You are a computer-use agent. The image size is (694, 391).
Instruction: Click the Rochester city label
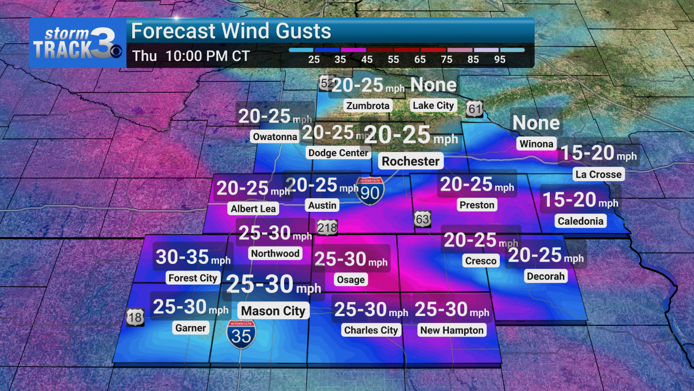pos(410,161)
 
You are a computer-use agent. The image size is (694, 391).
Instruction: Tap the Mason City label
pos(273,311)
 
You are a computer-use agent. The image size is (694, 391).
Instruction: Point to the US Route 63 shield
pos(423,219)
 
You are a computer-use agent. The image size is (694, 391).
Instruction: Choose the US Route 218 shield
pos(327,227)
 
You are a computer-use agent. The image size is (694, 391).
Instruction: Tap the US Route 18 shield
pos(135,317)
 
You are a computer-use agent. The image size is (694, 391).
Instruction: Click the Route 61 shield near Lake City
pos(475,109)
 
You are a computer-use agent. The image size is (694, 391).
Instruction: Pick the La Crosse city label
pos(599,174)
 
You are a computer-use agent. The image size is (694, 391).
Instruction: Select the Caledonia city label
pos(580,221)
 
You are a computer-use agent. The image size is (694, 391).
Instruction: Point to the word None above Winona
pos(536,123)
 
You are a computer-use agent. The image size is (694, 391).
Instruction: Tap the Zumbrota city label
pos(368,105)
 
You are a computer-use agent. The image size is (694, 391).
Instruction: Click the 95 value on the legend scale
pos(500,60)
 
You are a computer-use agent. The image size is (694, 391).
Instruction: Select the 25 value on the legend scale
pos(314,60)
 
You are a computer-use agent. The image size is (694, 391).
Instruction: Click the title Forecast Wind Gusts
pos(231,31)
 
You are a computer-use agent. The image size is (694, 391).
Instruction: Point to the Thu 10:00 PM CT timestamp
pos(191,56)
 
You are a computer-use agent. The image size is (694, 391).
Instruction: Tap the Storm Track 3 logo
pos(78,43)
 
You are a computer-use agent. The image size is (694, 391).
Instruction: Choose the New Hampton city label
pos(452,330)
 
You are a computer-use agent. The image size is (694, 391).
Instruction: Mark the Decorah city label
pos(545,276)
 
